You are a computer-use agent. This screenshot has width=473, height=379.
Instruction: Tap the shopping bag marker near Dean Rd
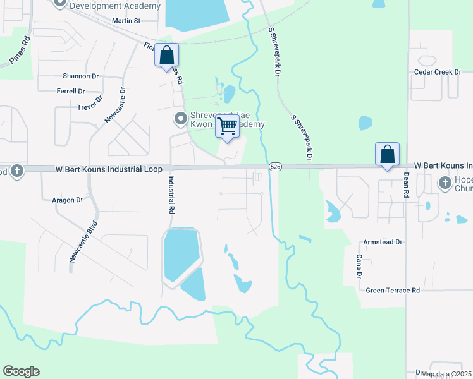tap(387, 155)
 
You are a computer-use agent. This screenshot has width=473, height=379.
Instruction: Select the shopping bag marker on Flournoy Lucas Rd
tap(167, 55)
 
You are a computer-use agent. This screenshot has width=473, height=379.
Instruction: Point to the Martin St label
tap(125, 21)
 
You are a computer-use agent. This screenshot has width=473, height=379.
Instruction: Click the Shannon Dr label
tap(80, 76)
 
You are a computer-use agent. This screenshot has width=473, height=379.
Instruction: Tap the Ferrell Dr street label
tap(70, 92)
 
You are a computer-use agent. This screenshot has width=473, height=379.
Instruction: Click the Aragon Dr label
tap(68, 200)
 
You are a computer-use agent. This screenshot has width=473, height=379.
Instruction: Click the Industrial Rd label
tap(171, 195)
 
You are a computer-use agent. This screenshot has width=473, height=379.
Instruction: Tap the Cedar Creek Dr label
tap(438, 72)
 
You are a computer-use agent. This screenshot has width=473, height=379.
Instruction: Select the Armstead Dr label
tap(383, 243)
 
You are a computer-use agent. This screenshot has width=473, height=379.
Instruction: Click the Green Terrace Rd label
tap(393, 291)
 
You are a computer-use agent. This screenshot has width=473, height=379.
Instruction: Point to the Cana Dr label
tap(359, 266)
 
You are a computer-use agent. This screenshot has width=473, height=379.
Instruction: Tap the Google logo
tap(21, 371)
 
